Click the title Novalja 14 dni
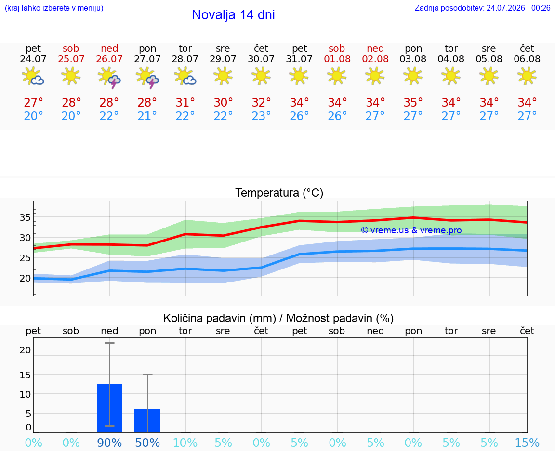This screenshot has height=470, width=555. point(233,15)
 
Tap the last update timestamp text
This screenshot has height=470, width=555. point(482,8)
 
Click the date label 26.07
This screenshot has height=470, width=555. point(109,59)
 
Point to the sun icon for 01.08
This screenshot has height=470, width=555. point(337,76)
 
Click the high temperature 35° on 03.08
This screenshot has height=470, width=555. point(413,102)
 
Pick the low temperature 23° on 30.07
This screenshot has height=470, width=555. point(261,116)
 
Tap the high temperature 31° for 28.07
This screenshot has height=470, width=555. point(185,102)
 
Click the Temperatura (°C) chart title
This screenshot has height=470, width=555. point(279,193)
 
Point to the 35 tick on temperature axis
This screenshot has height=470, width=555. point(25,217)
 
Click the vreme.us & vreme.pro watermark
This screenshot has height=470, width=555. point(411,230)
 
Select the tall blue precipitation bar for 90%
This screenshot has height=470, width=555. point(109,408)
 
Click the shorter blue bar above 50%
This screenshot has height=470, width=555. point(147,420)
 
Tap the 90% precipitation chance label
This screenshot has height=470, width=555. point(109,443)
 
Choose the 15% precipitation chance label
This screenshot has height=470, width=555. point(527,443)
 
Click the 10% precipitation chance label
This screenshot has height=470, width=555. point(185,443)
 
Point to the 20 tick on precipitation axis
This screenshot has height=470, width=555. point(25,350)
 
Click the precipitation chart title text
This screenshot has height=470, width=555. point(278,318)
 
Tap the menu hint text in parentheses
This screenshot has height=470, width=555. point(54,8)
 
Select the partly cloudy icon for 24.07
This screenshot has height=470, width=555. point(33,76)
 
